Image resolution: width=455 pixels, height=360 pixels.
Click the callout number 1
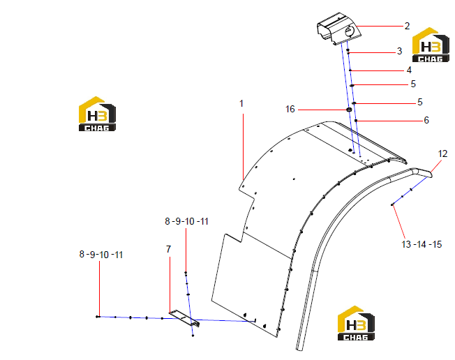click(241, 103)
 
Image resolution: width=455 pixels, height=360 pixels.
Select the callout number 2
click(407, 26)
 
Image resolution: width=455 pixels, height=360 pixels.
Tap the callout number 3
click(400, 52)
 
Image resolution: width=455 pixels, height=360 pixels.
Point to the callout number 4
click(409, 70)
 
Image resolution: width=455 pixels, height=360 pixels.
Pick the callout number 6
click(426, 120)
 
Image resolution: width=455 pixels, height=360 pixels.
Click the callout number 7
click(169, 249)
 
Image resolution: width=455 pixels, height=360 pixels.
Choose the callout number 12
click(443, 153)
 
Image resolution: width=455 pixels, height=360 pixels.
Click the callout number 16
click(290, 109)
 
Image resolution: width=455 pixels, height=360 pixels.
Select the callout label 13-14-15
click(422, 244)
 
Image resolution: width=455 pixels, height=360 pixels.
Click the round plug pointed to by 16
click(349, 110)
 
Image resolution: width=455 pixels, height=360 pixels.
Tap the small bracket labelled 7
click(184, 318)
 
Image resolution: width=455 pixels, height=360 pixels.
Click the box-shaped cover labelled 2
click(338, 29)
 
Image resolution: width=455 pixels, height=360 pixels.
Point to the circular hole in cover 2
click(349, 31)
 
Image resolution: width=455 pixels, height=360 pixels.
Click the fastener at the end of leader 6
click(356, 121)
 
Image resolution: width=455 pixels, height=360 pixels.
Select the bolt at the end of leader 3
click(348, 52)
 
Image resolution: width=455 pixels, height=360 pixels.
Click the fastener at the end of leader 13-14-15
click(392, 204)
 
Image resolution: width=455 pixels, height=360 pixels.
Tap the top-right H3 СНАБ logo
click(431, 45)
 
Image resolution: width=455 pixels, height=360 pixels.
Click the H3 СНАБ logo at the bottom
click(356, 323)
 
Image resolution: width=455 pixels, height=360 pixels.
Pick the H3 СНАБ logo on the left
click(97, 114)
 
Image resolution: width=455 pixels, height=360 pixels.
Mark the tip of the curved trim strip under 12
click(431, 175)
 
